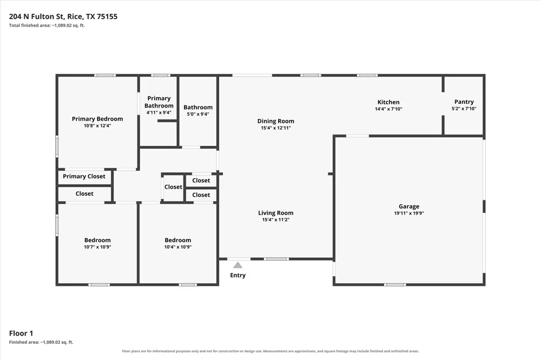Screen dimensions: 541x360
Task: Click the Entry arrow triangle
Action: [x=237, y=265]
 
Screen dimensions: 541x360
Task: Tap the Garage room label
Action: [x=409, y=206]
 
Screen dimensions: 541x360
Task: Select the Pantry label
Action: [x=464, y=102]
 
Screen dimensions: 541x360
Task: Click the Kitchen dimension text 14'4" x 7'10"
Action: [x=388, y=109]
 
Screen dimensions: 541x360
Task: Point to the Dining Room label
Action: [x=276, y=121]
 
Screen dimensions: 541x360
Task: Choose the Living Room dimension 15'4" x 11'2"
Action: [x=276, y=219]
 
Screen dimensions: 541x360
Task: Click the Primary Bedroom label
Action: [x=97, y=119]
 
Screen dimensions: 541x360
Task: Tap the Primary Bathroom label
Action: [x=159, y=102]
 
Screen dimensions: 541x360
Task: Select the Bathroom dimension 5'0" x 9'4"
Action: [x=198, y=114]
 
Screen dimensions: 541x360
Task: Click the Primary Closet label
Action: [x=84, y=176]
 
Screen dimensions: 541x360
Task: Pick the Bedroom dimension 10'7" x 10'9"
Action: [x=97, y=247]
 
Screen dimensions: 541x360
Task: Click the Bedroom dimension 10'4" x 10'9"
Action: [x=177, y=247]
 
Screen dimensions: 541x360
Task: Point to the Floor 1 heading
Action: [x=21, y=333]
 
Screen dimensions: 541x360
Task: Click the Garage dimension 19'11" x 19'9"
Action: [x=409, y=213]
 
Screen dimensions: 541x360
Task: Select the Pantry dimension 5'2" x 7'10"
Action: [x=464, y=109]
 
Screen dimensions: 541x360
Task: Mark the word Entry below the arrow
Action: [x=237, y=275]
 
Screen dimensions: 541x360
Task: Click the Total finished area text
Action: [x=47, y=25]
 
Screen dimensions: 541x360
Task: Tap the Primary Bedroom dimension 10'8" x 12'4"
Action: [x=97, y=126]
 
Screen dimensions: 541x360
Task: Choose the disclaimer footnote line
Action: [x=270, y=351]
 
